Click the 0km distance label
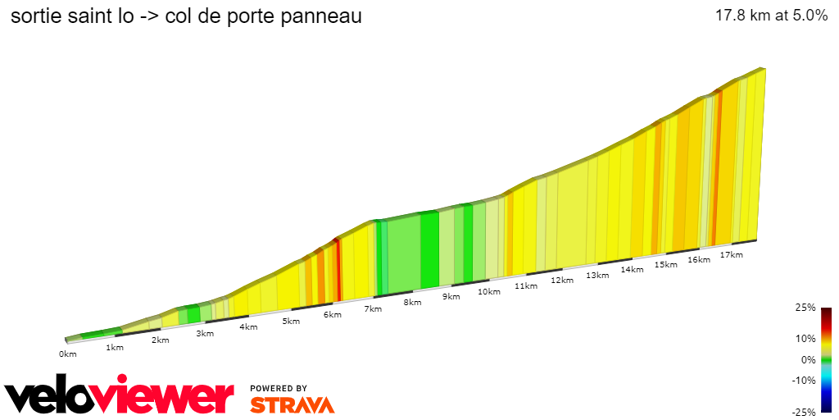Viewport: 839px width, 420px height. tap(67, 354)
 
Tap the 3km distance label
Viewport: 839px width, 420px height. tap(204, 333)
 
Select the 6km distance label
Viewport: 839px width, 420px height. tap(332, 315)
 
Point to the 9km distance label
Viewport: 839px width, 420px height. tap(450, 297)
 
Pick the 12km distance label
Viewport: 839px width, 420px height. tap(561, 281)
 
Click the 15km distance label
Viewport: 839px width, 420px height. tap(665, 265)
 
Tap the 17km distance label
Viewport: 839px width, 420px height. tap(731, 255)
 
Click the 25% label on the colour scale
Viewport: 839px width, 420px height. tap(805, 308)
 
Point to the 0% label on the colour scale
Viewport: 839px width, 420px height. tap(808, 359)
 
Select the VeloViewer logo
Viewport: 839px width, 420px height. tap(119, 396)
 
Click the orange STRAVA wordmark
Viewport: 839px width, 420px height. tap(292, 405)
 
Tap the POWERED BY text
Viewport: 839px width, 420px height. tap(279, 388)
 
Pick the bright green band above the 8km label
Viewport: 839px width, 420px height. tap(429, 250)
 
